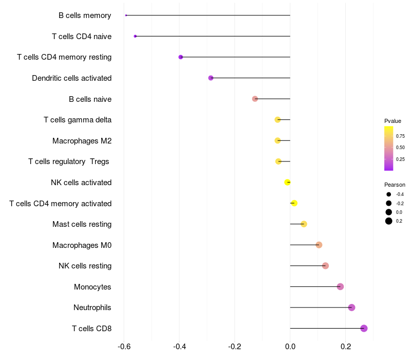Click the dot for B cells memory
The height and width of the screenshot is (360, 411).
click(x=126, y=15)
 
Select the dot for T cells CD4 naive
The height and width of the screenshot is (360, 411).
click(x=135, y=36)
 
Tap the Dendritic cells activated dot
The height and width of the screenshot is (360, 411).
click(x=211, y=78)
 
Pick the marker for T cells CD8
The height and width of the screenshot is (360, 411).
click(x=364, y=328)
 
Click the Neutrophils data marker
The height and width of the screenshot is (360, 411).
click(x=351, y=308)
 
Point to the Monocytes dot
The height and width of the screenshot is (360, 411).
click(x=340, y=286)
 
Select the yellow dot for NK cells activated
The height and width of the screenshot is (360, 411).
click(x=288, y=182)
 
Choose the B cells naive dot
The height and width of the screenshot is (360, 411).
click(x=255, y=99)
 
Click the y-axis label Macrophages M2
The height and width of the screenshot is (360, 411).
click(x=82, y=141)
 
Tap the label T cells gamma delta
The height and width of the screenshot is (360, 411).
click(x=78, y=120)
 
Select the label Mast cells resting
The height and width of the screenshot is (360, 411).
click(x=82, y=224)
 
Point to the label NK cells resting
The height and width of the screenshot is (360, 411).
click(x=85, y=266)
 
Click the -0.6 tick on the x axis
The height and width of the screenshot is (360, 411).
click(x=124, y=347)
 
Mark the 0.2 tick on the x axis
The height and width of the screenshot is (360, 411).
click(x=345, y=347)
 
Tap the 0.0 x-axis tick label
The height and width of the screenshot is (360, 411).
click(x=290, y=347)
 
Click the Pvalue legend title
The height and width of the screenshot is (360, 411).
click(x=393, y=121)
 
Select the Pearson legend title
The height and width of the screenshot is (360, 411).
click(x=395, y=185)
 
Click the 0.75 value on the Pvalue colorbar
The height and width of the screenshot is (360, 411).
click(x=400, y=136)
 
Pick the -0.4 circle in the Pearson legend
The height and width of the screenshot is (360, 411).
click(x=389, y=194)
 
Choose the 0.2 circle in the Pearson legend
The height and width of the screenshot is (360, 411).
click(x=389, y=221)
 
